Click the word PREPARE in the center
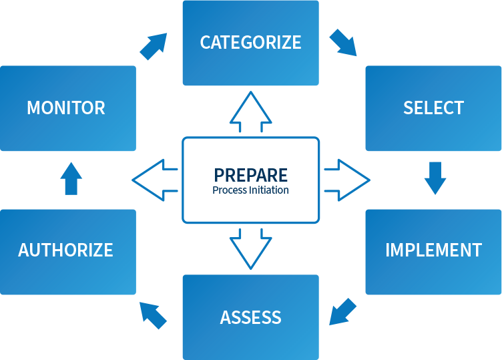point(251,175)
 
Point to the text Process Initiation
point(251,190)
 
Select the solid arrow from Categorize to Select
point(343,41)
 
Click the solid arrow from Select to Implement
point(435,178)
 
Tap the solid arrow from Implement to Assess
point(343,311)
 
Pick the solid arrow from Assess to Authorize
point(153,315)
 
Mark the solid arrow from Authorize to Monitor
point(71,178)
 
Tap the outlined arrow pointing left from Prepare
point(155,180)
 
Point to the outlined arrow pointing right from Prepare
point(347,180)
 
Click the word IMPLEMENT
point(433,250)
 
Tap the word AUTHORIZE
point(66,250)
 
